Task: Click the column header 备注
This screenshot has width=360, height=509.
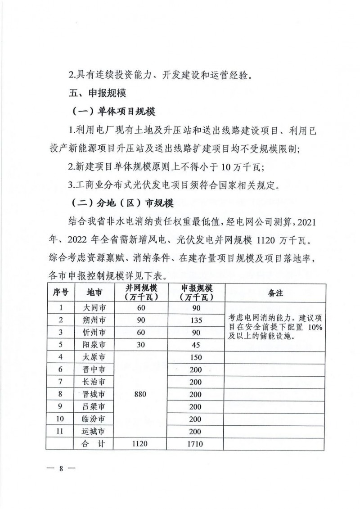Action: tap(275, 293)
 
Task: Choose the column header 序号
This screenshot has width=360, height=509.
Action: tap(60, 293)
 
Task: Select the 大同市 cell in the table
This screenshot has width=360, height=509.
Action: tap(94, 309)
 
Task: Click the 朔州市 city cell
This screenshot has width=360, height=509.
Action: tap(94, 321)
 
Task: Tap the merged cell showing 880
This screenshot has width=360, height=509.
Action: tap(140, 394)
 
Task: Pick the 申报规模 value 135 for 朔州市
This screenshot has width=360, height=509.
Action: tap(196, 321)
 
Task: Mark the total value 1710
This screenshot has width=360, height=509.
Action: tap(196, 444)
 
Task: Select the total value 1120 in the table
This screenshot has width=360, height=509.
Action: tap(140, 444)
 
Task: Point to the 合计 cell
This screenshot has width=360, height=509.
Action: tap(94, 444)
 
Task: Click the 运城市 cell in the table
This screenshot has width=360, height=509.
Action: tap(94, 431)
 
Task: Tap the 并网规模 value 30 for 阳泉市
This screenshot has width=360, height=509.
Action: tap(140, 345)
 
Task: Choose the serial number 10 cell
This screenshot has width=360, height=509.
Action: tap(60, 419)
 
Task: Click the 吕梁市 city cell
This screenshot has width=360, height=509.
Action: tap(94, 406)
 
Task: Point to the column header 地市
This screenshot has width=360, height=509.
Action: tap(94, 293)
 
